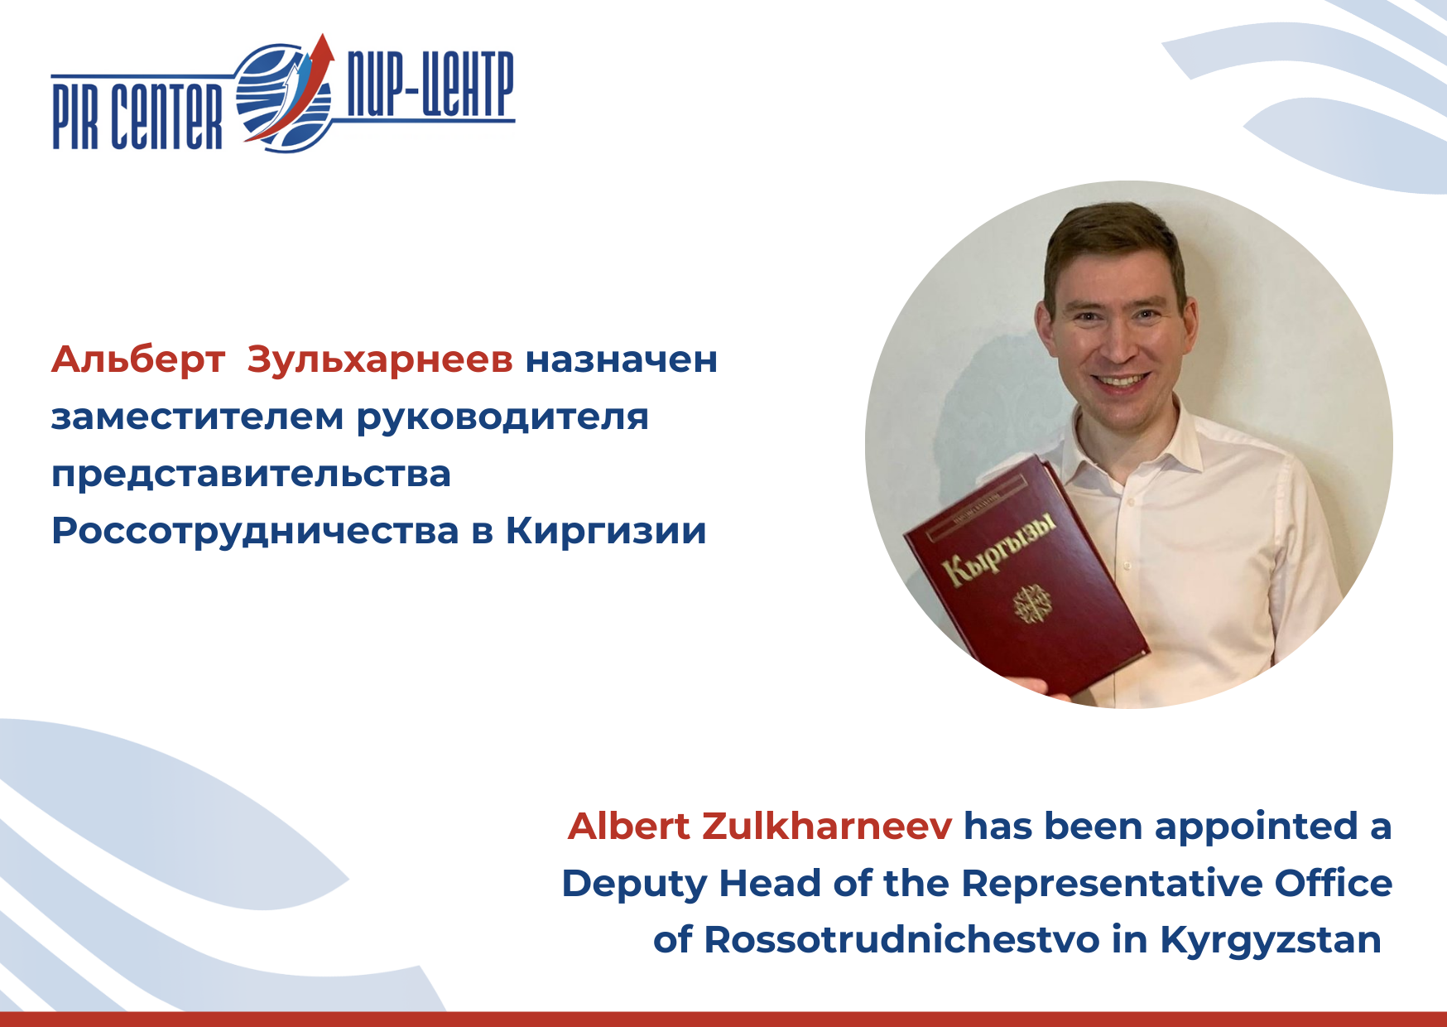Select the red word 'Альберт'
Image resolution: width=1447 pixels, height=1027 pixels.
[138, 360]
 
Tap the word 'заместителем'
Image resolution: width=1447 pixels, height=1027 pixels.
[197, 417]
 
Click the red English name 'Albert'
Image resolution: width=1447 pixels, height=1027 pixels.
[629, 827]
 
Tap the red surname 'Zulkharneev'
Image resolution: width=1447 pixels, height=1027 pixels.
[827, 827]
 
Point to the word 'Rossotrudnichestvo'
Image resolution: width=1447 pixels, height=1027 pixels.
[902, 940]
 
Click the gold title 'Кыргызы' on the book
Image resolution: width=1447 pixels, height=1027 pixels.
[999, 549]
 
